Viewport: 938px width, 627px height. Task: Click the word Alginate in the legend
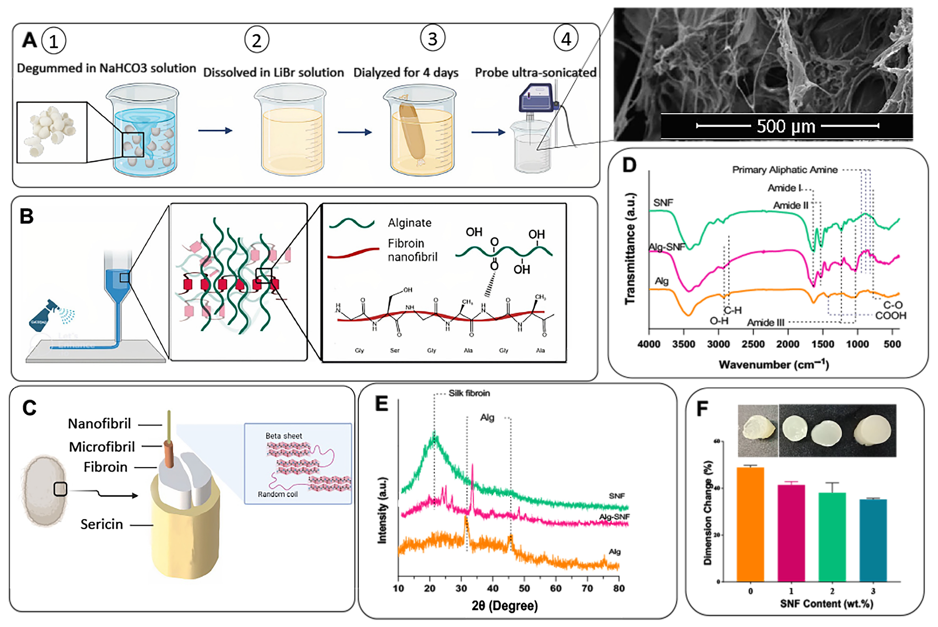click(x=409, y=223)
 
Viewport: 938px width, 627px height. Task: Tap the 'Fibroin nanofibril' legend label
click(x=412, y=250)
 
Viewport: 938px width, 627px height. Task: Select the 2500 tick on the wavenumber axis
click(x=753, y=344)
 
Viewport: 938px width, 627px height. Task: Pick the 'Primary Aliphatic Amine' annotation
click(x=784, y=170)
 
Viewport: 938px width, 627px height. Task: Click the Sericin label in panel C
click(x=102, y=524)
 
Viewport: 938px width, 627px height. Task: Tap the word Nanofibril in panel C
click(x=99, y=423)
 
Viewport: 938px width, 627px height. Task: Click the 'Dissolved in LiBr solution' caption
click(x=273, y=72)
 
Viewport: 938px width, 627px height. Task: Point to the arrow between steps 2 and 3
click(x=355, y=132)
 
